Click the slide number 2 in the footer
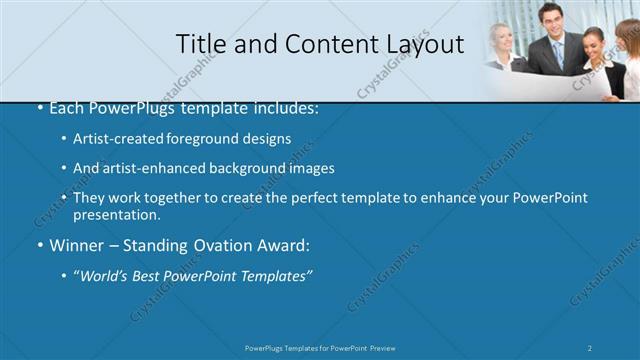tap(590, 347)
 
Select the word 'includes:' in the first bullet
tap(285, 108)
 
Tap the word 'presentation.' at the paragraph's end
tap(116, 214)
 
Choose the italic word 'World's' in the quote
tap(105, 275)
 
